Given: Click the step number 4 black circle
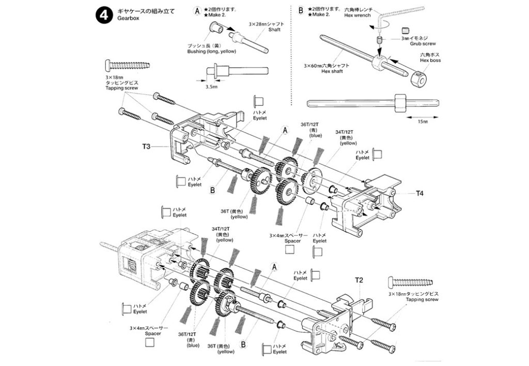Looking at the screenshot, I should click(x=101, y=15).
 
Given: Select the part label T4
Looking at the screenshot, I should click(x=419, y=194).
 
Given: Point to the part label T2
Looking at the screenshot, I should click(x=360, y=280).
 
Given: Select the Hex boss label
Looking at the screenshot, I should click(x=430, y=60).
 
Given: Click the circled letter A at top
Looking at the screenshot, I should click(x=196, y=10).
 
